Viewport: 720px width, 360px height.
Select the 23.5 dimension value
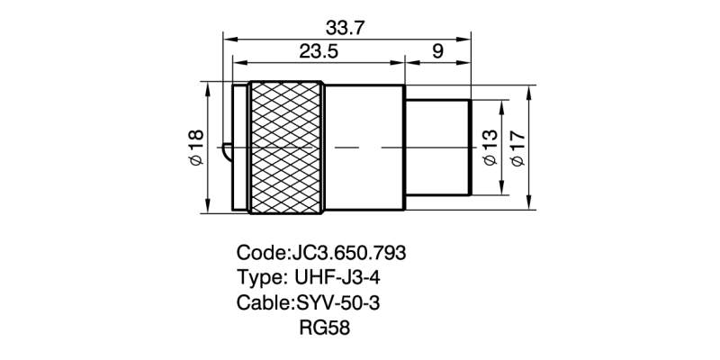319,52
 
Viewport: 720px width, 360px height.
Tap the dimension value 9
437,52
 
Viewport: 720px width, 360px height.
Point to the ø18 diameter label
196,148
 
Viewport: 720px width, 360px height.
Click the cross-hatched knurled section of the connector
286,148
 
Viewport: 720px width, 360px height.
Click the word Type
257,277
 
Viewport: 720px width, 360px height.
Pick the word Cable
262,302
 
